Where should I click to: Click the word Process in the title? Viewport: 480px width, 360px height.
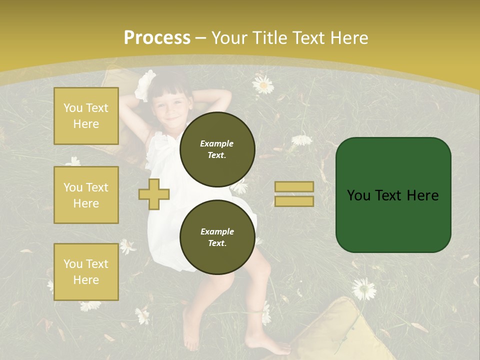click(x=157, y=38)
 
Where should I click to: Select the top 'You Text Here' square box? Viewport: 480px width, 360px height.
click(x=86, y=116)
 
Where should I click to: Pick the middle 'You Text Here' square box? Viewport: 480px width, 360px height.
click(x=86, y=195)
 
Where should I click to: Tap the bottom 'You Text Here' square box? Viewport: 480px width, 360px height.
click(x=86, y=272)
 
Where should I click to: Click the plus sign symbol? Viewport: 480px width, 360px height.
click(x=154, y=194)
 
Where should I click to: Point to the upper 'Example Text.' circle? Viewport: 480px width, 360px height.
click(x=217, y=149)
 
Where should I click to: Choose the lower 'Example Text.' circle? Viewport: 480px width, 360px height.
click(x=217, y=237)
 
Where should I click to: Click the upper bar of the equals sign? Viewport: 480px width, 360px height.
click(x=294, y=187)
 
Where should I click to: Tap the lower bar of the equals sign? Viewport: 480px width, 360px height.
click(x=294, y=201)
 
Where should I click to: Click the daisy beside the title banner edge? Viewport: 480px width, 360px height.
click(x=263, y=84)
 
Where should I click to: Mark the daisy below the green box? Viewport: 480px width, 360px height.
click(x=363, y=288)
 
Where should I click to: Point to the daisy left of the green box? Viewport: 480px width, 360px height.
click(x=301, y=140)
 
